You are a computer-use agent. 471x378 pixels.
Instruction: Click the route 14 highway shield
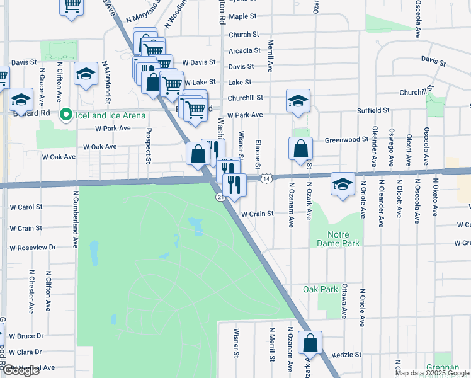click(267, 180)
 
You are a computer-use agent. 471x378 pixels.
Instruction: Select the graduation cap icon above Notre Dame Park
click(343, 183)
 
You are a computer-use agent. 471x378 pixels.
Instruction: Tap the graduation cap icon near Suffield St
click(298, 100)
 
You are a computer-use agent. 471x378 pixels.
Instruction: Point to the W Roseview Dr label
click(33, 248)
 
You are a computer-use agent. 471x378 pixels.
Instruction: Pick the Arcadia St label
click(245, 50)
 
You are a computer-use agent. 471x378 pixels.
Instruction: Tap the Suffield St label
click(369, 110)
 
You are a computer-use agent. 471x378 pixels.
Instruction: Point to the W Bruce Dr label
click(26, 336)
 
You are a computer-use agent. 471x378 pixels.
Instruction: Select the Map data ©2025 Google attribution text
click(432, 373)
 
